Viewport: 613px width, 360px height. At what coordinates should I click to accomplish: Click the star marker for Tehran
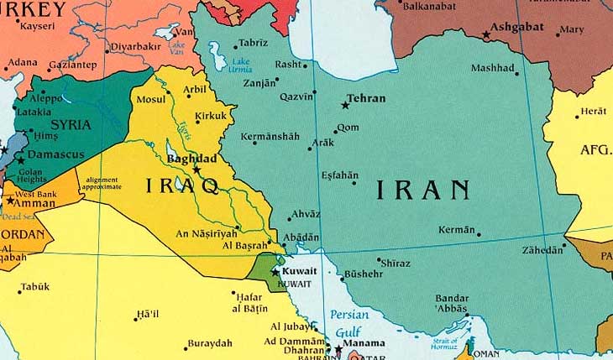tap(345, 105)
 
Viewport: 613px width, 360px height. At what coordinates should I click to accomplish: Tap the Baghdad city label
tap(191, 158)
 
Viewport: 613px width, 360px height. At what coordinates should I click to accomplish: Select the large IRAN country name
tap(422, 190)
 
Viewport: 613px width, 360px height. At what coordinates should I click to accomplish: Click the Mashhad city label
tap(493, 68)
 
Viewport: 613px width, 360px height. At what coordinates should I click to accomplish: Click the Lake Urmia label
tap(242, 65)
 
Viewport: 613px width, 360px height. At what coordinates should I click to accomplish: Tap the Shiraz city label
tap(396, 263)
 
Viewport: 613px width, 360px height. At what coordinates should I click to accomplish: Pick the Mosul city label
tap(152, 99)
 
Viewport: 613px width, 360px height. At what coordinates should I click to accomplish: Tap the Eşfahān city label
tap(339, 175)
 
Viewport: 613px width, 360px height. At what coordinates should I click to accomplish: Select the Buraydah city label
tap(209, 344)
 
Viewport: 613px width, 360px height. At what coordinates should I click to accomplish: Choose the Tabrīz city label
tap(253, 43)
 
